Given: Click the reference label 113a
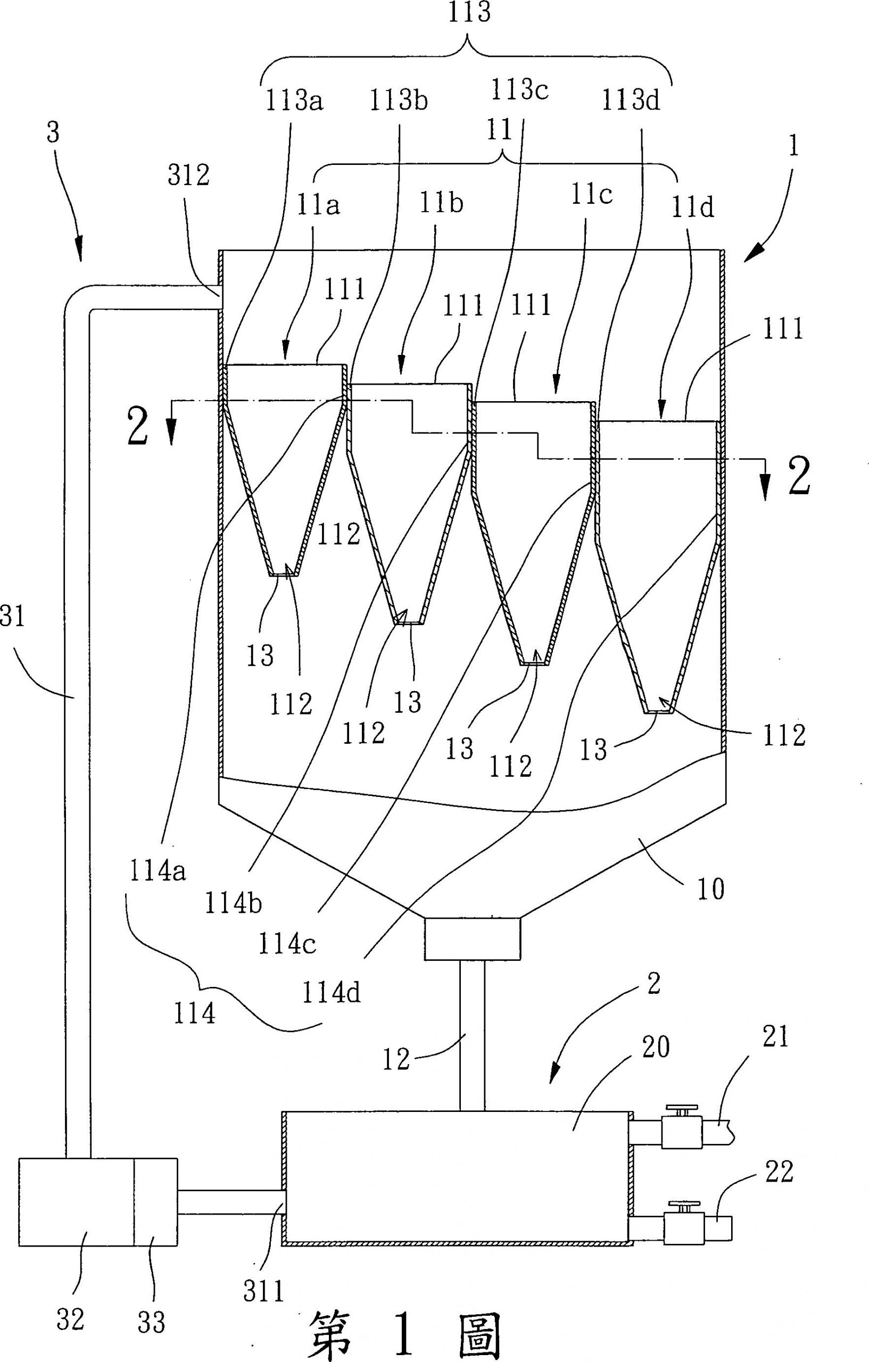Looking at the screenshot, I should pyautogui.click(x=293, y=101).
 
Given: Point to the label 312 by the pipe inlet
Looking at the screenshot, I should pyautogui.click(x=188, y=176).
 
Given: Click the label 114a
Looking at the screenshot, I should pyautogui.click(x=158, y=871).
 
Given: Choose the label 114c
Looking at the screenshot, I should pyautogui.click(x=287, y=943).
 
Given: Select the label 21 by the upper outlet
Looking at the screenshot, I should pyautogui.click(x=775, y=1037).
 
